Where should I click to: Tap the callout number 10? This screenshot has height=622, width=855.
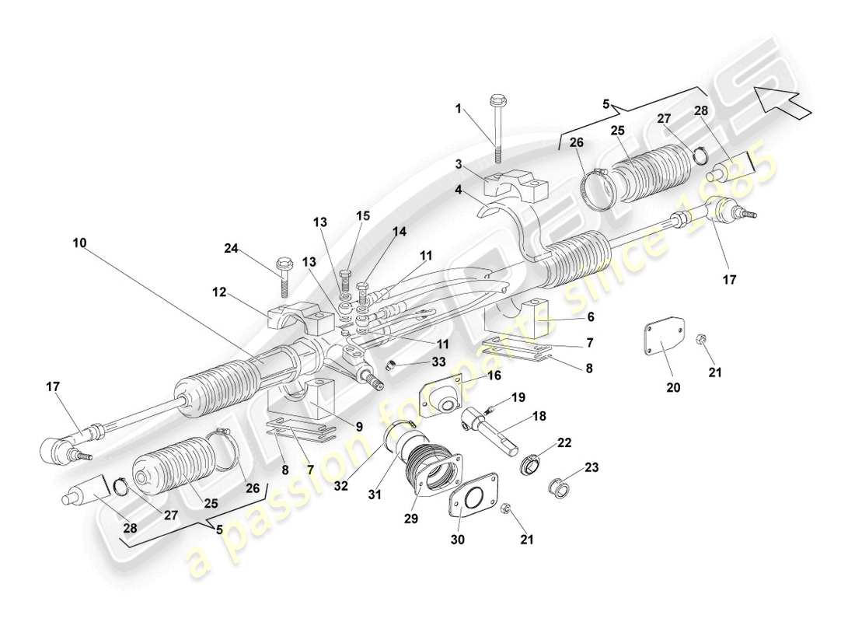coord(81,243)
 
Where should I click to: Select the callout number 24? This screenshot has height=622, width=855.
coord(230,249)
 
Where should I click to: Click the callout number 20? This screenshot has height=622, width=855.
coord(673,386)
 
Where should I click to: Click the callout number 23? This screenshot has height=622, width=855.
coord(593,468)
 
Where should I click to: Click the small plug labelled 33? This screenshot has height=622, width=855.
coord(393,367)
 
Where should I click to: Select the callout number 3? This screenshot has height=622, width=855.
coord(459,165)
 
